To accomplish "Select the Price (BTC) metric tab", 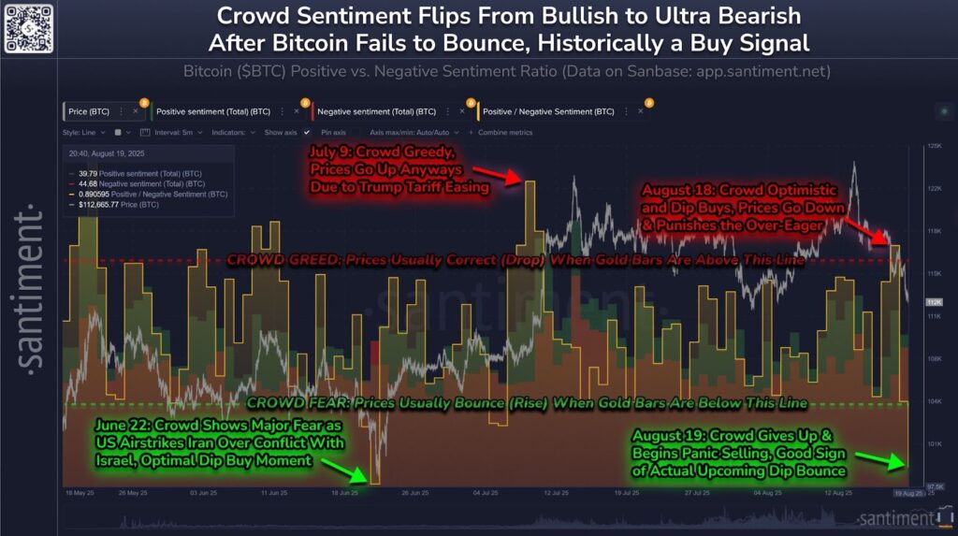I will (89, 111).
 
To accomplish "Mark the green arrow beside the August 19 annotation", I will (884, 459).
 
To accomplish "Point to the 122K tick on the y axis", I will (934, 189).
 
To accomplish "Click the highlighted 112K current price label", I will (933, 302).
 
